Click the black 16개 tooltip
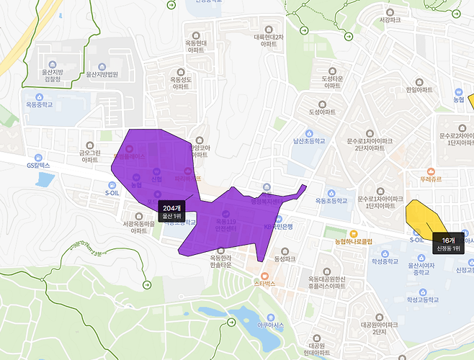[x=448, y=244]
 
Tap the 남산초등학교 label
[x=309, y=142]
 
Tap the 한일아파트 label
[x=419, y=90]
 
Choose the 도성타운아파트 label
[x=332, y=81]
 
